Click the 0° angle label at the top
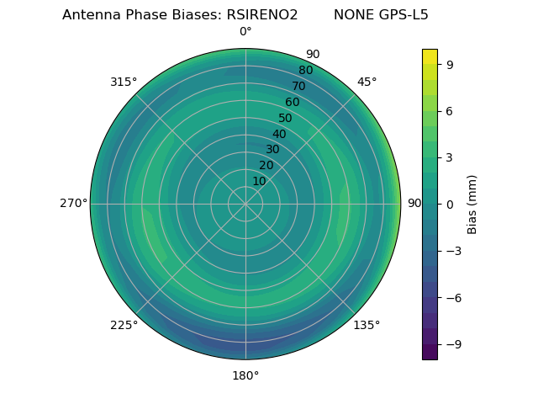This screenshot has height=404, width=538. coord(245,32)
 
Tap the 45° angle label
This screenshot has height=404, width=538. coord(367,82)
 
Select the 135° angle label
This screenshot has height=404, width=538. coord(367,325)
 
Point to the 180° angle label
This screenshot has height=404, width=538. coord(245,375)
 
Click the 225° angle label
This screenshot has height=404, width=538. coord(124,325)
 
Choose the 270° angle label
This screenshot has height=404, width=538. coord(73,204)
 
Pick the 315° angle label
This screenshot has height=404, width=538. coord(124,82)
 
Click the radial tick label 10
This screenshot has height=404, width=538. coord(259,181)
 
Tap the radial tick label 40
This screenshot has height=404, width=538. coord(279,134)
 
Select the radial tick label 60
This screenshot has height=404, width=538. coord(293,102)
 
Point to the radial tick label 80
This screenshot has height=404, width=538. coord(306,71)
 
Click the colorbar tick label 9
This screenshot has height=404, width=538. coord(451,64)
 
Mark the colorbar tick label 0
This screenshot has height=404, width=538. coord(451,204)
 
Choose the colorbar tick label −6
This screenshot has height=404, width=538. coord(454,297)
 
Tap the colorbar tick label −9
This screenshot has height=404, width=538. coord(454,344)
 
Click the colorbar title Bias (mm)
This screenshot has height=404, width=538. coord(472,204)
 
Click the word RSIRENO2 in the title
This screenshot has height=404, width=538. coord(262,15)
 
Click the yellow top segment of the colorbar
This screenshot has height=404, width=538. coord(430,56)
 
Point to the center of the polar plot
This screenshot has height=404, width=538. coord(245,204)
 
